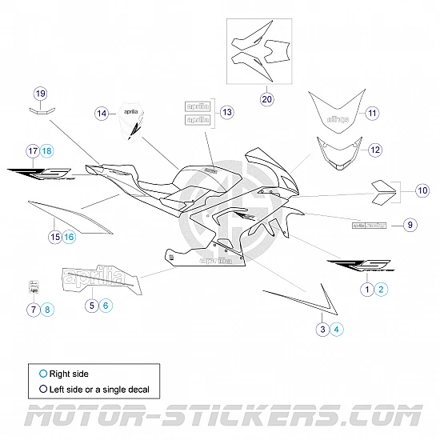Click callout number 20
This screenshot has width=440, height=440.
pos(266,99)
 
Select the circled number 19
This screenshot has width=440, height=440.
pos(40,93)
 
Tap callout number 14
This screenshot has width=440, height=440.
pos(102,114)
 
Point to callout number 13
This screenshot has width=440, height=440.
pos(226,112)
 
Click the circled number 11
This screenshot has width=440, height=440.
pos(372,113)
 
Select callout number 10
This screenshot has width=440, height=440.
pos(422,190)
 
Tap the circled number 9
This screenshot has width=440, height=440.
pos(409,225)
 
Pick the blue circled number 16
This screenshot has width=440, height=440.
pos(69,236)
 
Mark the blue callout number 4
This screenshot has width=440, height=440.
pos(337,329)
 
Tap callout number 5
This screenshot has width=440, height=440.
pos(92,304)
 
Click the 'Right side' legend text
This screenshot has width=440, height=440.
pos(70,374)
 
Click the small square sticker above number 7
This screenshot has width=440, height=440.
pos(34,286)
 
